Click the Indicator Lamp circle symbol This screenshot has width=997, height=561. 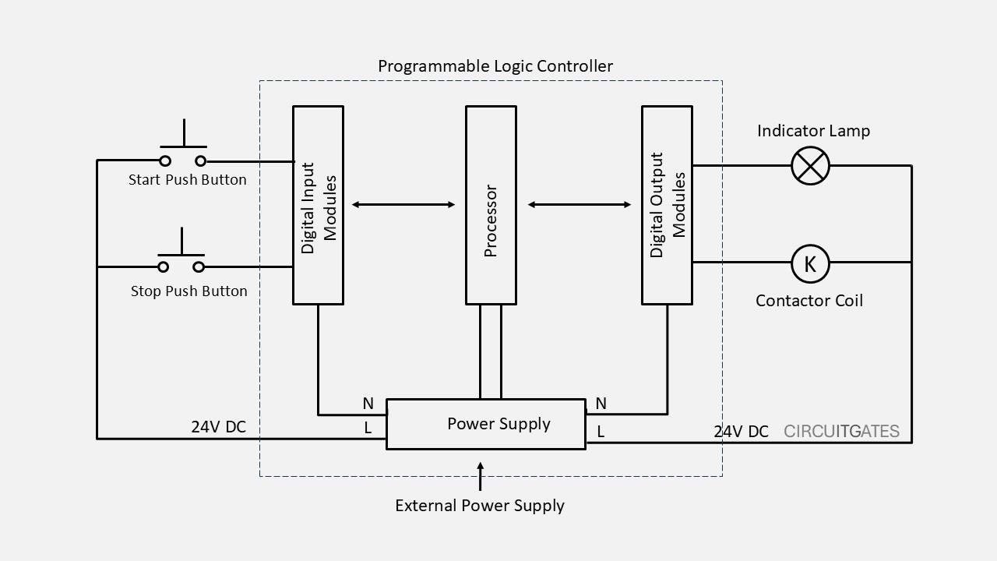(x=810, y=165)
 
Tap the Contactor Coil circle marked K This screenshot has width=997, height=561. (x=810, y=263)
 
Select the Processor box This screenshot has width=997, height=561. (x=491, y=205)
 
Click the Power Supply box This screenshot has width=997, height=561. (x=485, y=424)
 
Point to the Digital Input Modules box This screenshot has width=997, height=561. (x=318, y=205)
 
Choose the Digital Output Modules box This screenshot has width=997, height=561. (x=667, y=205)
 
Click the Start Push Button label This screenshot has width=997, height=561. (x=188, y=180)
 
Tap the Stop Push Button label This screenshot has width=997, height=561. (x=188, y=291)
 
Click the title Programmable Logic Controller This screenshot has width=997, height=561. (x=495, y=66)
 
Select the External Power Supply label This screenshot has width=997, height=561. (x=480, y=506)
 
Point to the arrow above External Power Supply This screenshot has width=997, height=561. (x=480, y=475)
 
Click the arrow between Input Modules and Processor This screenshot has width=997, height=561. (x=403, y=205)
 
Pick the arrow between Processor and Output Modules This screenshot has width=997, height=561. (x=580, y=205)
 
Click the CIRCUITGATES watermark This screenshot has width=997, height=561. (x=841, y=432)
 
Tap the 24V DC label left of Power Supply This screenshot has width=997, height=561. (x=219, y=427)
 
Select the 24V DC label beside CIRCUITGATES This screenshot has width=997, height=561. (x=741, y=432)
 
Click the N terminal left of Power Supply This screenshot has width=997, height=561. (x=368, y=404)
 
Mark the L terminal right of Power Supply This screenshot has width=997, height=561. (x=601, y=431)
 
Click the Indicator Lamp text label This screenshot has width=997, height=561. (x=813, y=131)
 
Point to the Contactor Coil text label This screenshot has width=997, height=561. (x=809, y=301)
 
